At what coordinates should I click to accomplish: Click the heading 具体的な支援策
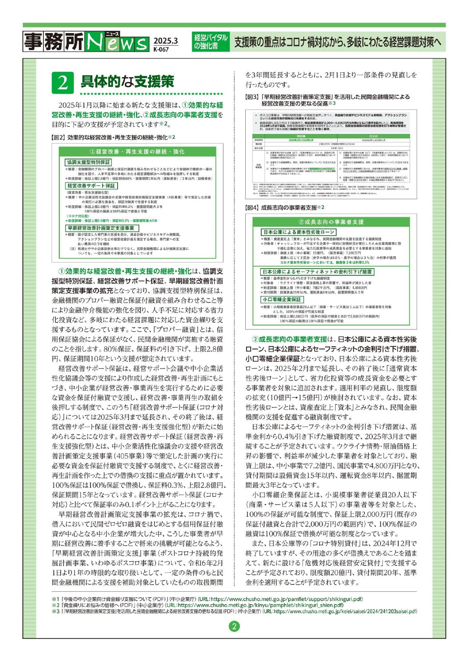click(128, 82)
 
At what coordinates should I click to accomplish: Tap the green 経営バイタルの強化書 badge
click(211, 41)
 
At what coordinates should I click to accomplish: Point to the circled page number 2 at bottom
click(234, 627)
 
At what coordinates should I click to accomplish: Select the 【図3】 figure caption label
click(251, 97)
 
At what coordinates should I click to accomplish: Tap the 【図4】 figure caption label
click(252, 208)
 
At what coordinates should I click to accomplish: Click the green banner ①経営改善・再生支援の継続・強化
click(137, 151)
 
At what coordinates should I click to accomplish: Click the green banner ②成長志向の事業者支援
click(331, 222)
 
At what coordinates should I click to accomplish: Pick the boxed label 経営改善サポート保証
click(92, 186)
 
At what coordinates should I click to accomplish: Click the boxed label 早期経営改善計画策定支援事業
click(101, 228)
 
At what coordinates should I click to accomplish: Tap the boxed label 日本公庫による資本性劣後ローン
click(298, 232)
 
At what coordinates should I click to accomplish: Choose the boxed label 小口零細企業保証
click(282, 299)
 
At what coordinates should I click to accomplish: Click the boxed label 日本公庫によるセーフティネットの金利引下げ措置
click(317, 272)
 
